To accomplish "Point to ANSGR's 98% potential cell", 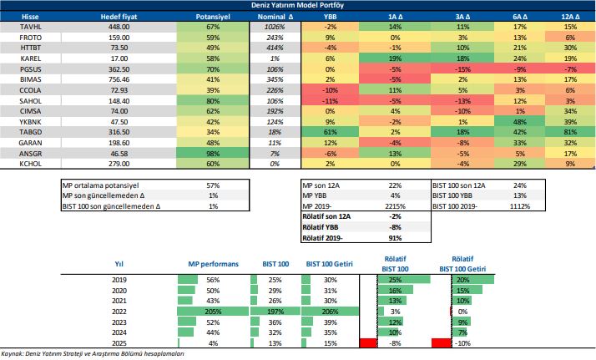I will pos(212,155).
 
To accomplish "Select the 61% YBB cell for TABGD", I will pos(330,131).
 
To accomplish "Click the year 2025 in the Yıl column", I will pos(119,343).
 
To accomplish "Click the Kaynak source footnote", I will pos(93,354).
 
